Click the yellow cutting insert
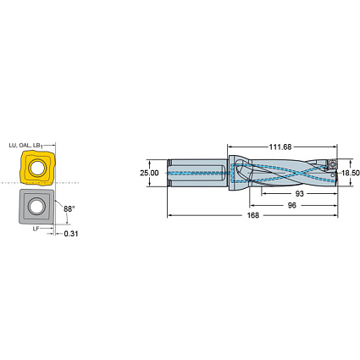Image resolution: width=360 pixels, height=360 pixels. pos(34,169)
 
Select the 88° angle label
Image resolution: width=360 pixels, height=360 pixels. pos(68,208)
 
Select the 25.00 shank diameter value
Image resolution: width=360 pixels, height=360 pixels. pos(149,173)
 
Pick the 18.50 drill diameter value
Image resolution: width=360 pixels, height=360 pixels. pos(349,173)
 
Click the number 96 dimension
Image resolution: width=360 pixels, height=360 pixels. pos(290,205)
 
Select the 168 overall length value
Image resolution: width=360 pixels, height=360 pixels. pos(252,217)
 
